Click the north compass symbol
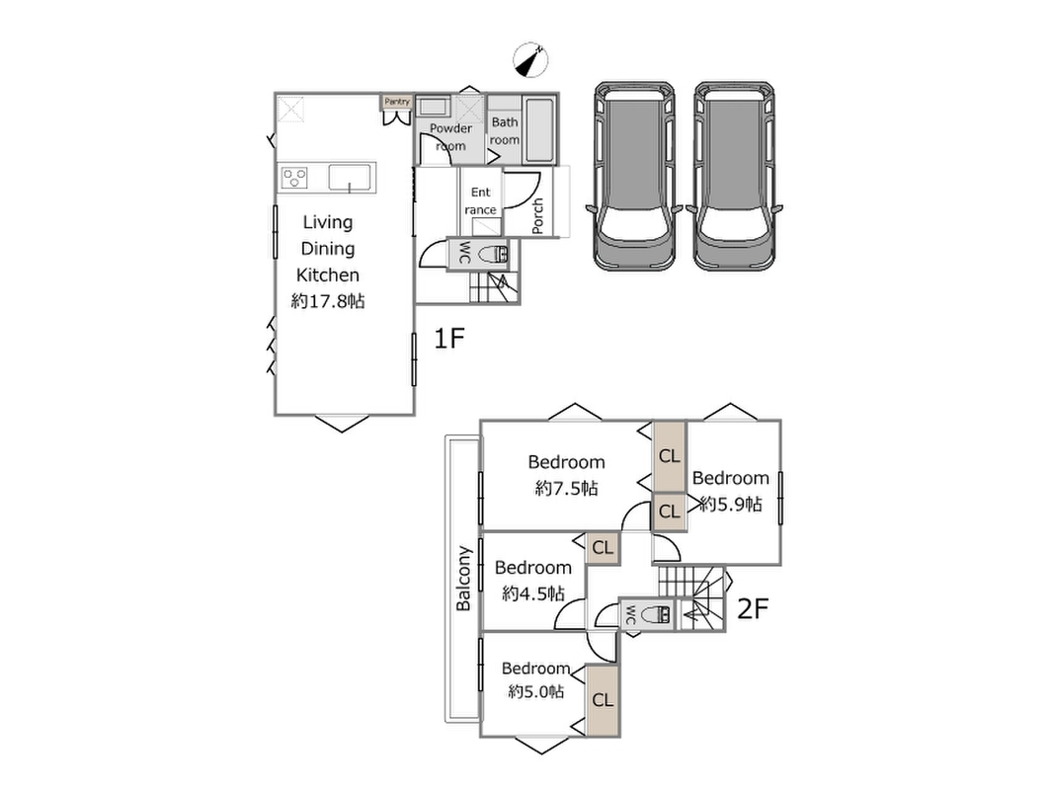530,60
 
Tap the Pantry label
397,101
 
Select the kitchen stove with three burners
294,178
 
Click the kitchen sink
349,178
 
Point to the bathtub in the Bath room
539,130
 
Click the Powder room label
450,136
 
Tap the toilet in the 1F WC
495,255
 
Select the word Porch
537,215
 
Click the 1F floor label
448,338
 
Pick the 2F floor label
752,608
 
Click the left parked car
635,176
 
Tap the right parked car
735,176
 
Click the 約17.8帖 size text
328,301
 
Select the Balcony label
463,579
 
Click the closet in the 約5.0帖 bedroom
603,700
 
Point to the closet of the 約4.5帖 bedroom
603,548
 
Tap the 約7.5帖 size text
566,489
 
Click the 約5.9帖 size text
731,505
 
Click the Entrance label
481,200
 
